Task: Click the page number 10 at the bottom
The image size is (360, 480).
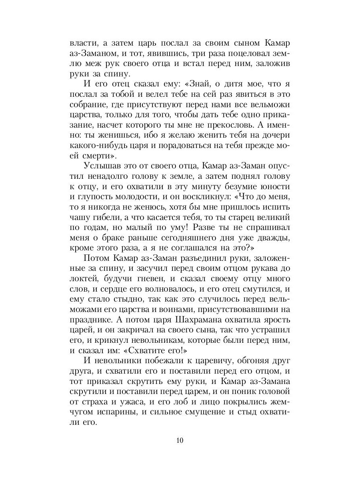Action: (180, 440)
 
